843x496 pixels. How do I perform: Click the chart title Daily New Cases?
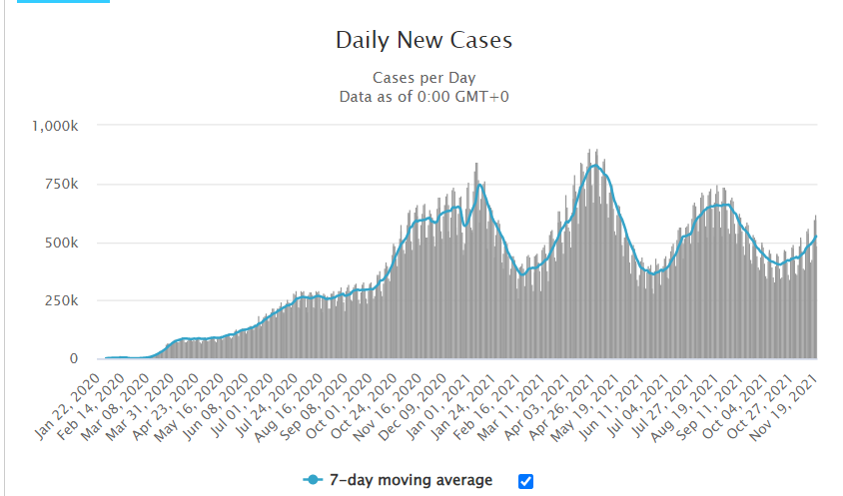point(423,41)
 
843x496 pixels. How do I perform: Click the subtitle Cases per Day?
point(423,78)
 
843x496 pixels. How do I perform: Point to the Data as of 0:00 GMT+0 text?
point(423,96)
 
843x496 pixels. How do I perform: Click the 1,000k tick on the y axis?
point(62,127)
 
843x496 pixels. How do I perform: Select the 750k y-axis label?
point(71,185)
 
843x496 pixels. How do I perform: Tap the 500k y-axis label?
point(71,243)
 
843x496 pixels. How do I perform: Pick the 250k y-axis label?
point(71,300)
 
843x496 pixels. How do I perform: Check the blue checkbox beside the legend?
point(526,481)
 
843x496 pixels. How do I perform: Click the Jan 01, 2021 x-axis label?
point(438,393)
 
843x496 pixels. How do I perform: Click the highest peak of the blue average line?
point(595,166)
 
